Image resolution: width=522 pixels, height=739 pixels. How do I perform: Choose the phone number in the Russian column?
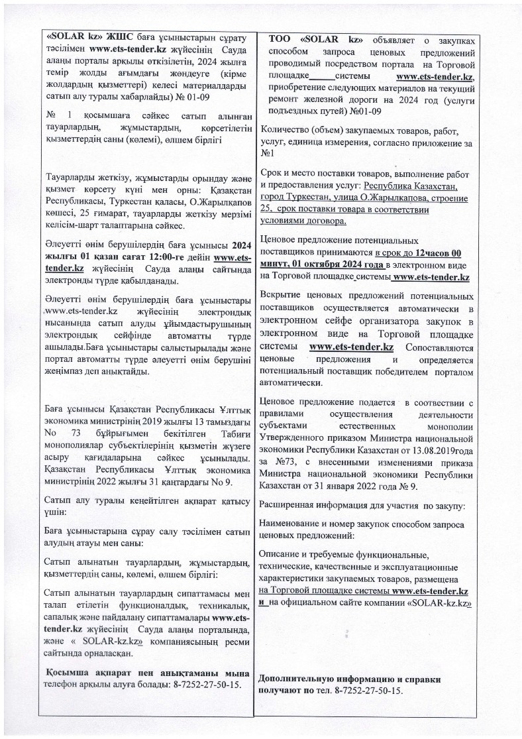click(369, 691)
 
